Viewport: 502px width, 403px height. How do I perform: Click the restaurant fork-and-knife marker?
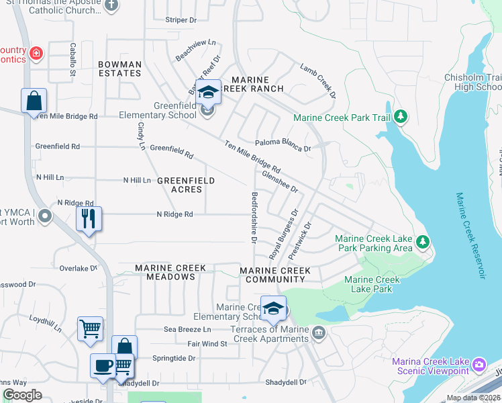[89, 218]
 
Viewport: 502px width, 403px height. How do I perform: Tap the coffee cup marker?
[103, 365]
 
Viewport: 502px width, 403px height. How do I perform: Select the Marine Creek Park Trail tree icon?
[401, 118]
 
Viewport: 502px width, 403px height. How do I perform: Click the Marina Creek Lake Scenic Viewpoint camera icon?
[479, 365]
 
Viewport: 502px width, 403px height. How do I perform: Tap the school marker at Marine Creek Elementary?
[273, 308]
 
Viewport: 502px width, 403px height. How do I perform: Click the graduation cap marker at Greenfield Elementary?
[208, 92]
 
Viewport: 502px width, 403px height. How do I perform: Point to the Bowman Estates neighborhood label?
[119, 69]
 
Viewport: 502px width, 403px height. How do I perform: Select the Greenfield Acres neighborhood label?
[186, 185]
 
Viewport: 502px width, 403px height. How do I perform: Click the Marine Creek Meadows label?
[170, 272]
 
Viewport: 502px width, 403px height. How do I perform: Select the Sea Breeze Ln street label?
[187, 329]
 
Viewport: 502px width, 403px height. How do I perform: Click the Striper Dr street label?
[181, 20]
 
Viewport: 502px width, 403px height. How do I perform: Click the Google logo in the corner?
[22, 395]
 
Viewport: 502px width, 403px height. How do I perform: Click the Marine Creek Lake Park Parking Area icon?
[422, 241]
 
